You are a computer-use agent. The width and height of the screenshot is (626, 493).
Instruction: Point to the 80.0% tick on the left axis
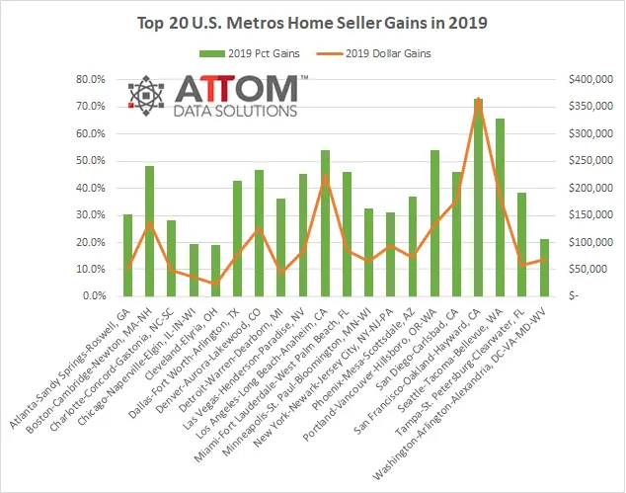(90, 79)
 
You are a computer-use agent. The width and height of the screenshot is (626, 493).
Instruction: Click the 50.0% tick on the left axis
(90, 160)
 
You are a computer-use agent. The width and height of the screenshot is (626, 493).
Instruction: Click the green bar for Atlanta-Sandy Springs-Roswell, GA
(127, 255)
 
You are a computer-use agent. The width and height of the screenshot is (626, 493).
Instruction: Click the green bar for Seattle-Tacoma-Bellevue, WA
(501, 207)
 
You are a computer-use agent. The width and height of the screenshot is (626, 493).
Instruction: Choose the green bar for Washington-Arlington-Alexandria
(544, 267)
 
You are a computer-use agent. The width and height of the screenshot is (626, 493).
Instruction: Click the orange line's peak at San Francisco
(478, 99)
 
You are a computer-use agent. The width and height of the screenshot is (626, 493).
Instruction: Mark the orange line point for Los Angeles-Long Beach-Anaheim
(325, 176)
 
